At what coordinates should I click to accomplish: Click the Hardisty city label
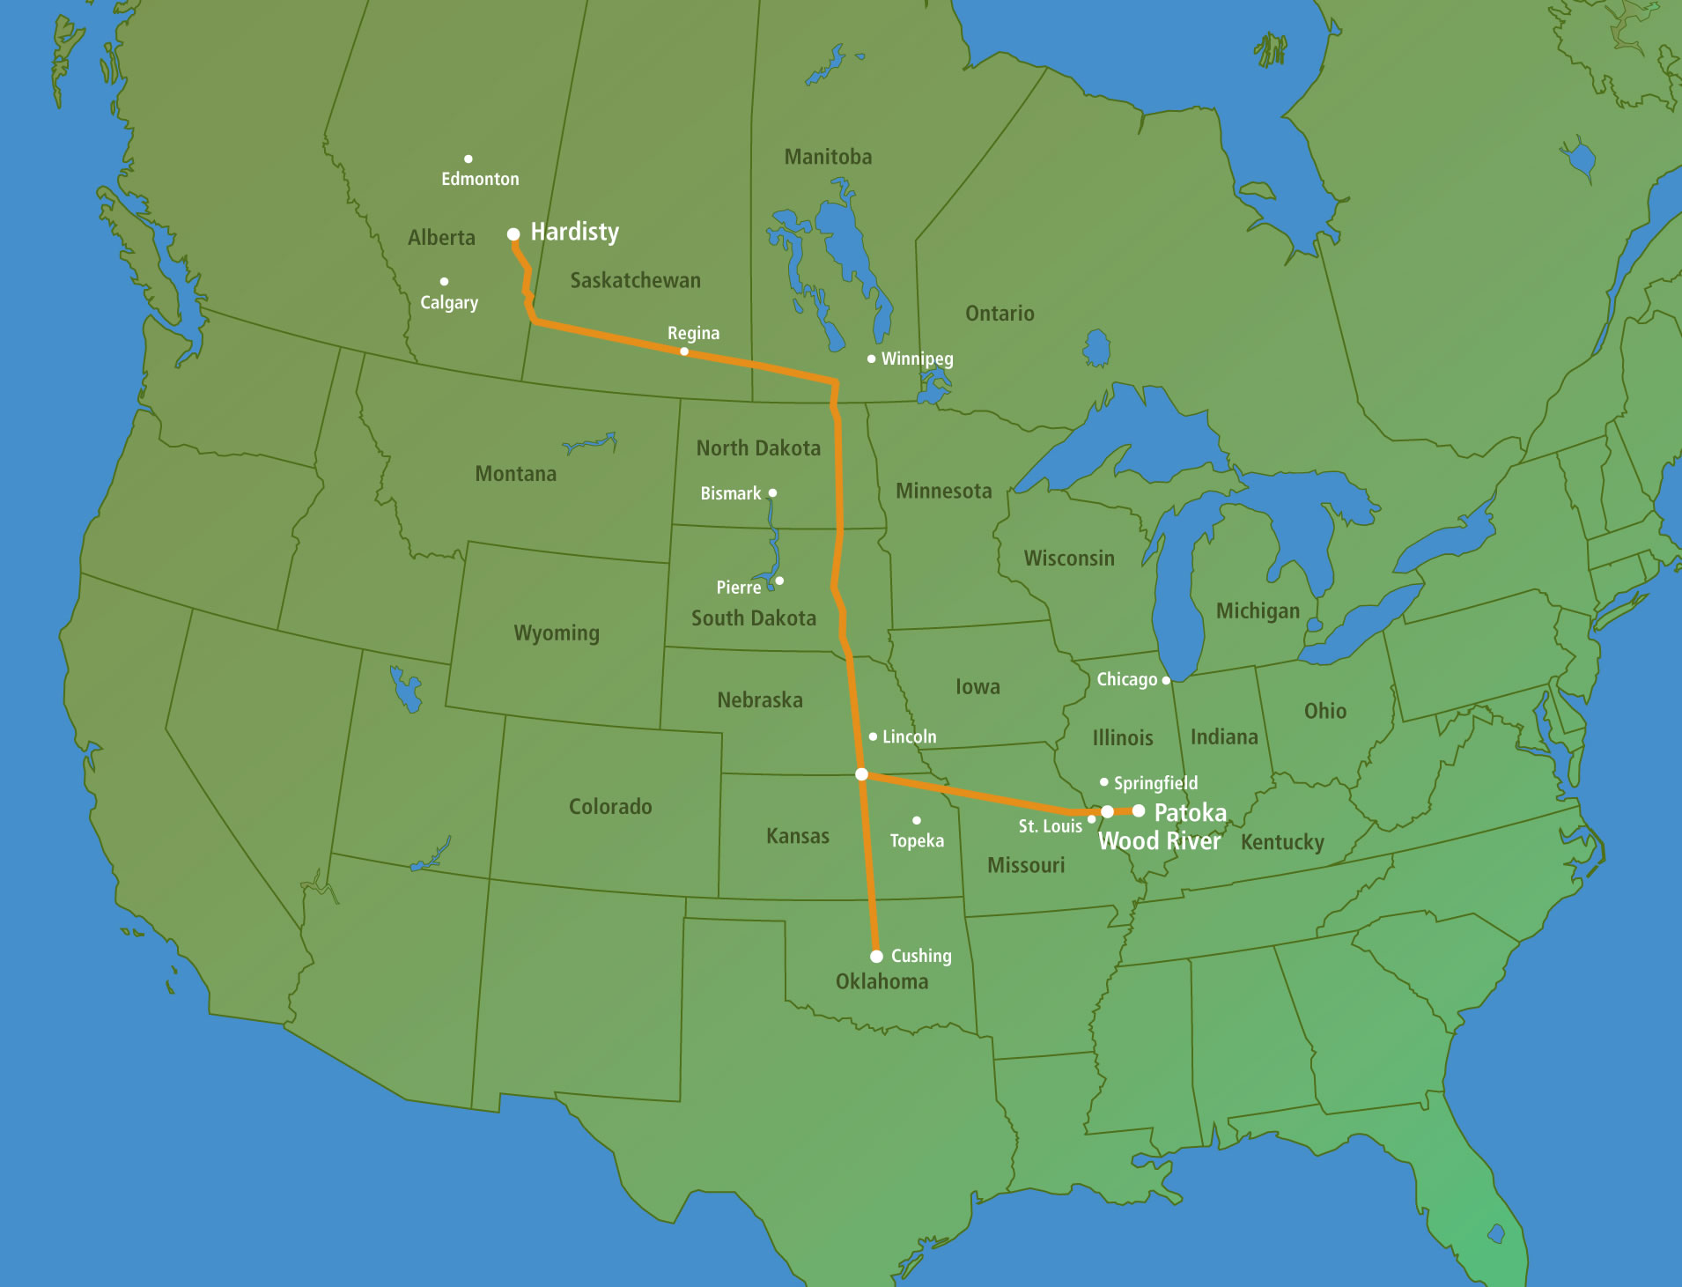coord(574,232)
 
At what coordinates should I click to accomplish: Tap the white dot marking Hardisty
coord(513,234)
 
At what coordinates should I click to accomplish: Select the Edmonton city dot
coord(468,159)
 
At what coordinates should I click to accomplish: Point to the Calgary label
coord(449,302)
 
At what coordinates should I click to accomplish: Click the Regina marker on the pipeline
coord(684,351)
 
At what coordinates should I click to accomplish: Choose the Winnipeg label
coord(917,359)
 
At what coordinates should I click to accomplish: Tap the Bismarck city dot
coord(772,493)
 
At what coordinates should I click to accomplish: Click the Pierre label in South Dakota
coord(738,588)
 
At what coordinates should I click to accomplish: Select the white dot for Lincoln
coord(873,736)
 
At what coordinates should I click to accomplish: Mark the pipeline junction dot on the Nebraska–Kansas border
coord(862,774)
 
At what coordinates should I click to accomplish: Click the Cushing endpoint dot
coord(876,956)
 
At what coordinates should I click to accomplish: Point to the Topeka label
coord(917,840)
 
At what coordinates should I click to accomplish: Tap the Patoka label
coord(1190,812)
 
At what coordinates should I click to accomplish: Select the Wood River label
coord(1159,841)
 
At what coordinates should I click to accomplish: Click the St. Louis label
coord(1050,826)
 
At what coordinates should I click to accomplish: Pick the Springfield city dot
coord(1104,781)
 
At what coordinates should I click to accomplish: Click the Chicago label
coord(1126,679)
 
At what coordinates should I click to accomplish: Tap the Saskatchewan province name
coord(635,280)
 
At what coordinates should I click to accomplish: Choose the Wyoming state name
coord(557,632)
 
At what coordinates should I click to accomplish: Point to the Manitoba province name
coord(828,157)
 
